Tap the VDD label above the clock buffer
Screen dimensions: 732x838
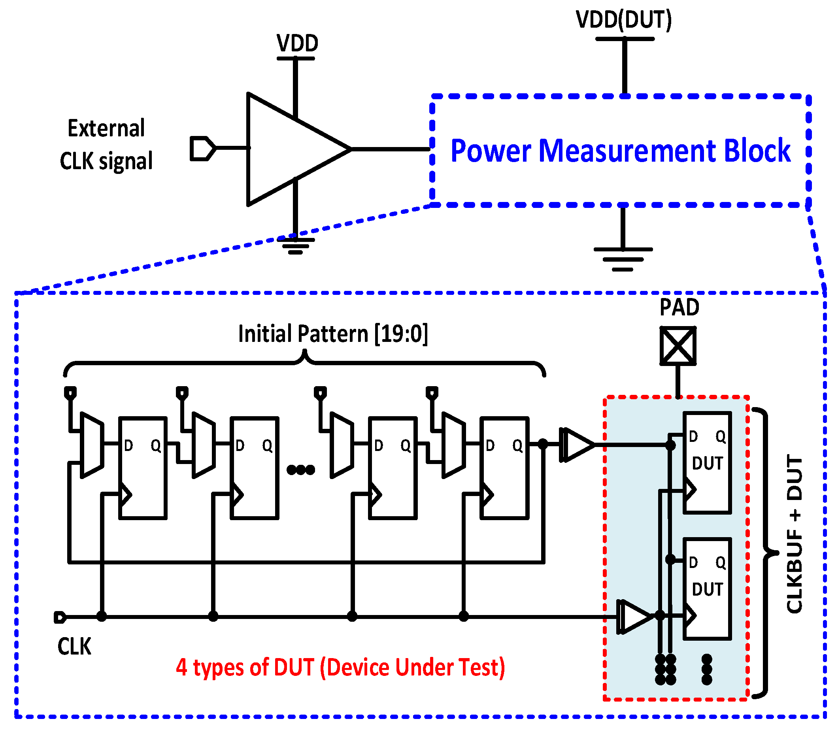click(x=297, y=43)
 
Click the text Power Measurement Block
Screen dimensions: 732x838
click(x=620, y=151)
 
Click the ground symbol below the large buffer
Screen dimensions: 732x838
click(x=295, y=245)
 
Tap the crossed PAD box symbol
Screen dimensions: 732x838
click(x=678, y=345)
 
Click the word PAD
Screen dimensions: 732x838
click(x=679, y=308)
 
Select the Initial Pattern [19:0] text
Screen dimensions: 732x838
click(x=332, y=334)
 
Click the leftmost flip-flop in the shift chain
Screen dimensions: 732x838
click(x=143, y=468)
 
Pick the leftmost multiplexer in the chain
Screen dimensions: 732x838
click(x=92, y=445)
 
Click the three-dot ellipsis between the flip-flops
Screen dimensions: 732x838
click(x=301, y=470)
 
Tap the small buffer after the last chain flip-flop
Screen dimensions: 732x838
click(x=578, y=445)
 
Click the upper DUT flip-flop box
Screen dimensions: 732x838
click(x=707, y=462)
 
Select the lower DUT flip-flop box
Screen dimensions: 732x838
click(x=707, y=589)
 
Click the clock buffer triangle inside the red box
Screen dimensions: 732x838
click(x=634, y=617)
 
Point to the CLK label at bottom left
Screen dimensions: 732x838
click(x=74, y=647)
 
